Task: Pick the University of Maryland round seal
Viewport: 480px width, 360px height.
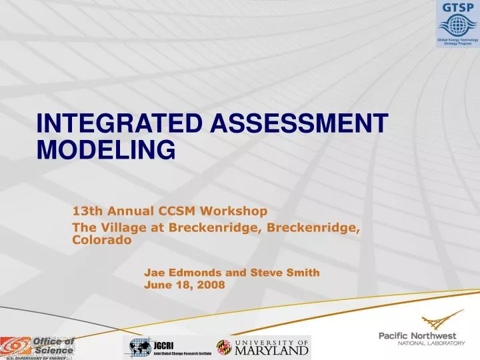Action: [223, 347]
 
